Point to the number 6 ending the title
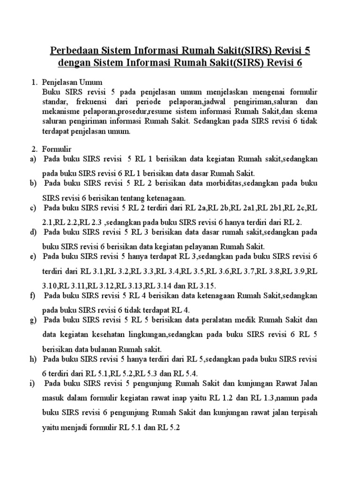click(x=299, y=63)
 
